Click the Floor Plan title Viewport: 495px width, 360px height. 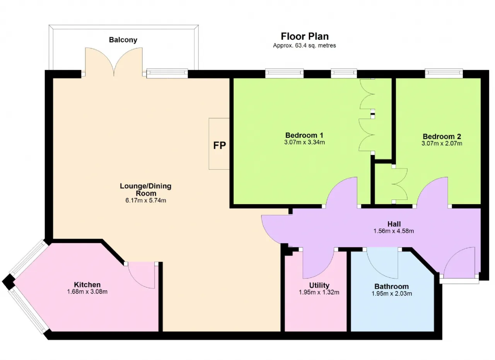click(304, 36)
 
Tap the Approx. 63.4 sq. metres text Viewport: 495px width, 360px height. click(304, 46)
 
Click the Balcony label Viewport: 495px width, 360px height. click(123, 40)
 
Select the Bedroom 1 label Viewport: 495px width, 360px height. click(304, 135)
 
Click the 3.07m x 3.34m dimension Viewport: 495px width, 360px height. click(304, 142)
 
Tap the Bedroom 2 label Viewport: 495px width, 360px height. click(442, 136)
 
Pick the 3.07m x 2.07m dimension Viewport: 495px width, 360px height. click(442, 143)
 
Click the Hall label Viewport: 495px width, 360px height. click(394, 224)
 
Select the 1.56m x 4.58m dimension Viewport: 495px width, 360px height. click(394, 231)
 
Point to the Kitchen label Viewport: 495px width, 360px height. click(87, 285)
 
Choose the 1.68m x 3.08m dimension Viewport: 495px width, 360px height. click(87, 292)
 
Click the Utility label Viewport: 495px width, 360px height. click(319, 285)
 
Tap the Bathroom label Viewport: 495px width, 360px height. click(391, 287)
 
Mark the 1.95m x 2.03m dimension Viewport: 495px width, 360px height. click(392, 294)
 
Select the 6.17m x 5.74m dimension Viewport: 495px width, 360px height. click(146, 200)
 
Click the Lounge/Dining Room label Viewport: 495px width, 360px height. click(146, 189)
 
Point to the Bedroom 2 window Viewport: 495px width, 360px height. click(444, 73)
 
